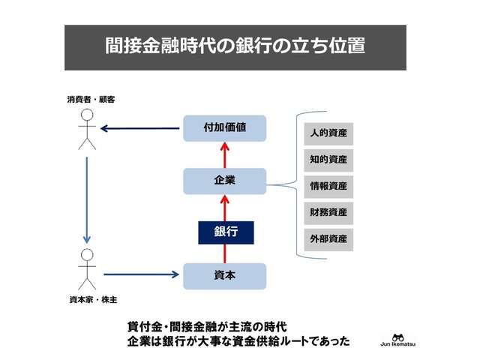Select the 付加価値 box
coord(225,128)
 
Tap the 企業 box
coord(225,181)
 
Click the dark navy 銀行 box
coord(226,232)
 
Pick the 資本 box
coord(225,276)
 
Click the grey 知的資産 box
coord(328,160)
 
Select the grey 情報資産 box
coord(328,186)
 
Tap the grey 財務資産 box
coord(328,212)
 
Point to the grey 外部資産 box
coord(328,239)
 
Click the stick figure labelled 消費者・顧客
coord(88,129)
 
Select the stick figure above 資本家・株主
coord(88,271)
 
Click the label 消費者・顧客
coord(89,99)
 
